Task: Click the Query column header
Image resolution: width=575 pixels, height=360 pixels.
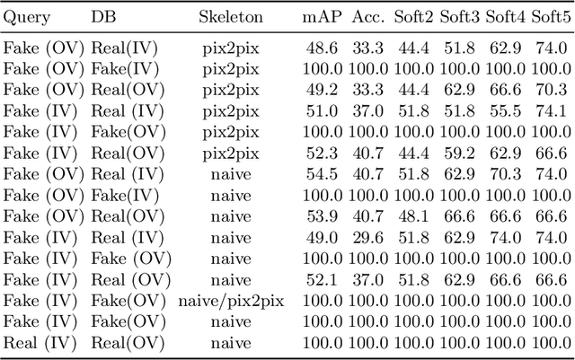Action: coord(27,18)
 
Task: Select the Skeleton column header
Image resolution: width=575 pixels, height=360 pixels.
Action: coord(231,18)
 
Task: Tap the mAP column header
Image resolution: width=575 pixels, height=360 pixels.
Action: coord(321,18)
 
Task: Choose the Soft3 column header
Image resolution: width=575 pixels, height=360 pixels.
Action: coord(459,18)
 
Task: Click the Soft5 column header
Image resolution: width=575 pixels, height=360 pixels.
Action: coord(551,18)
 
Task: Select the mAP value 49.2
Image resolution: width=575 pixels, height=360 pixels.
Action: coord(321,89)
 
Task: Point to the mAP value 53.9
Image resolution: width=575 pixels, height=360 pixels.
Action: coord(321,216)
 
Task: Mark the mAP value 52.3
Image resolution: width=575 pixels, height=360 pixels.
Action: coord(321,153)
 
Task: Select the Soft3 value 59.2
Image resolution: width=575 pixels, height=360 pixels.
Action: coord(459,153)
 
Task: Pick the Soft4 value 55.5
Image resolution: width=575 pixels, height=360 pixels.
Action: coord(505,110)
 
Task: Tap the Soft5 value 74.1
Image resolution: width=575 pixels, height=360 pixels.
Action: coord(551,110)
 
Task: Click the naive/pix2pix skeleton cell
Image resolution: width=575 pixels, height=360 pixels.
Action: coord(231,301)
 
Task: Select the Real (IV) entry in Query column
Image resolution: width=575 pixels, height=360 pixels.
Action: coord(35,342)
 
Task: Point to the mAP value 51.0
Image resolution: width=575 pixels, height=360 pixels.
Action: coord(321,110)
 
